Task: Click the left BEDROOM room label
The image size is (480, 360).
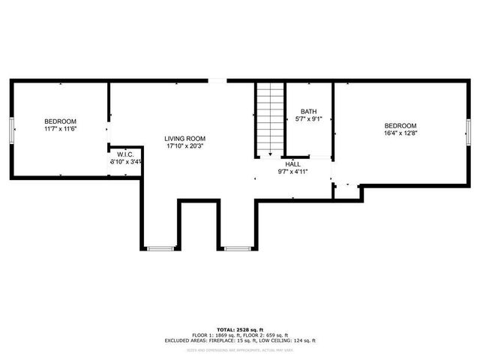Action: tap(60, 121)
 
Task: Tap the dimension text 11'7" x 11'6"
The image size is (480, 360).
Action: tap(60, 129)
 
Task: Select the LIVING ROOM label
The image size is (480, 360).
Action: tap(185, 139)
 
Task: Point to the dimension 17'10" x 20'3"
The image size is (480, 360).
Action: tap(185, 146)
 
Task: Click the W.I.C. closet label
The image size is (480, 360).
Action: tap(124, 154)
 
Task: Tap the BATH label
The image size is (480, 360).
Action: tap(309, 111)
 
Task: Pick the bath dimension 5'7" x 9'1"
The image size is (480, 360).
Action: tap(309, 118)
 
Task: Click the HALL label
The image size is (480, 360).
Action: tap(292, 163)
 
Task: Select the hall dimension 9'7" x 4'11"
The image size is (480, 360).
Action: tap(292, 171)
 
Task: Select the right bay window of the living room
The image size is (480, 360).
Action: tap(237, 248)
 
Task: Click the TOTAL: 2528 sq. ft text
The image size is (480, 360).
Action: tap(239, 329)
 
